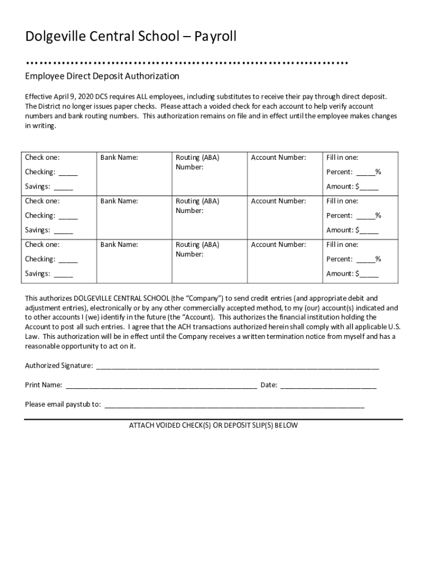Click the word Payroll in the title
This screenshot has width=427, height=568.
pyautogui.click(x=213, y=37)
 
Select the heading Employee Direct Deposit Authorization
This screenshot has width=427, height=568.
pyautogui.click(x=102, y=75)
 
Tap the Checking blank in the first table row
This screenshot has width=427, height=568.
pyautogui.click(x=68, y=173)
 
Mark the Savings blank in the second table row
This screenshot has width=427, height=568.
pyautogui.click(x=63, y=230)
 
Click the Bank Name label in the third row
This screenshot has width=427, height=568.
pyautogui.click(x=119, y=245)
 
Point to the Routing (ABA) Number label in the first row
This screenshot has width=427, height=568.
pyautogui.click(x=197, y=162)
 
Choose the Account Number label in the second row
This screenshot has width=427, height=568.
pyautogui.click(x=278, y=201)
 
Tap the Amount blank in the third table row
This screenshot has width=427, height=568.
pyautogui.click(x=369, y=273)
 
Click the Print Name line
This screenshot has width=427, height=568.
pyautogui.click(x=161, y=385)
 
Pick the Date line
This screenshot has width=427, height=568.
pyautogui.click(x=328, y=385)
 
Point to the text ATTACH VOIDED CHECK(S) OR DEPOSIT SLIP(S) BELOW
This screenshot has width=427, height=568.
pyautogui.click(x=213, y=425)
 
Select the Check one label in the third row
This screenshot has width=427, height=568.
pyautogui.click(x=42, y=245)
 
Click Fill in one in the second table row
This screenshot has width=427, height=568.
pyautogui.click(x=342, y=201)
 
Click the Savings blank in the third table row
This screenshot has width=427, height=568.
pyautogui.click(x=63, y=273)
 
